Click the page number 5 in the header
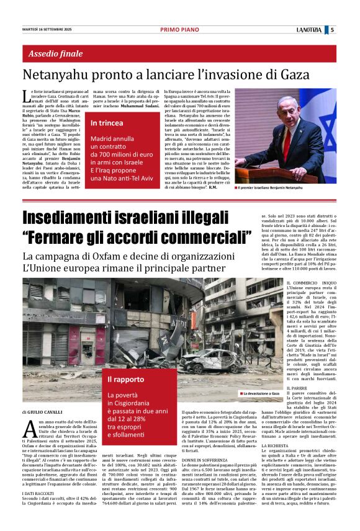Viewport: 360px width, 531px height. point(332,29)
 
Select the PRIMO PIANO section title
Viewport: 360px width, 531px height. point(179,29)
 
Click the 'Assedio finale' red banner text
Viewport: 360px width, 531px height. point(55,53)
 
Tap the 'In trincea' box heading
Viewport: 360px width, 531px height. point(107,123)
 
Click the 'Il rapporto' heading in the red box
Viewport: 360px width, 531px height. point(126,379)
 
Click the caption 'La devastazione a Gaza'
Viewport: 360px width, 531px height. point(262,393)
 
